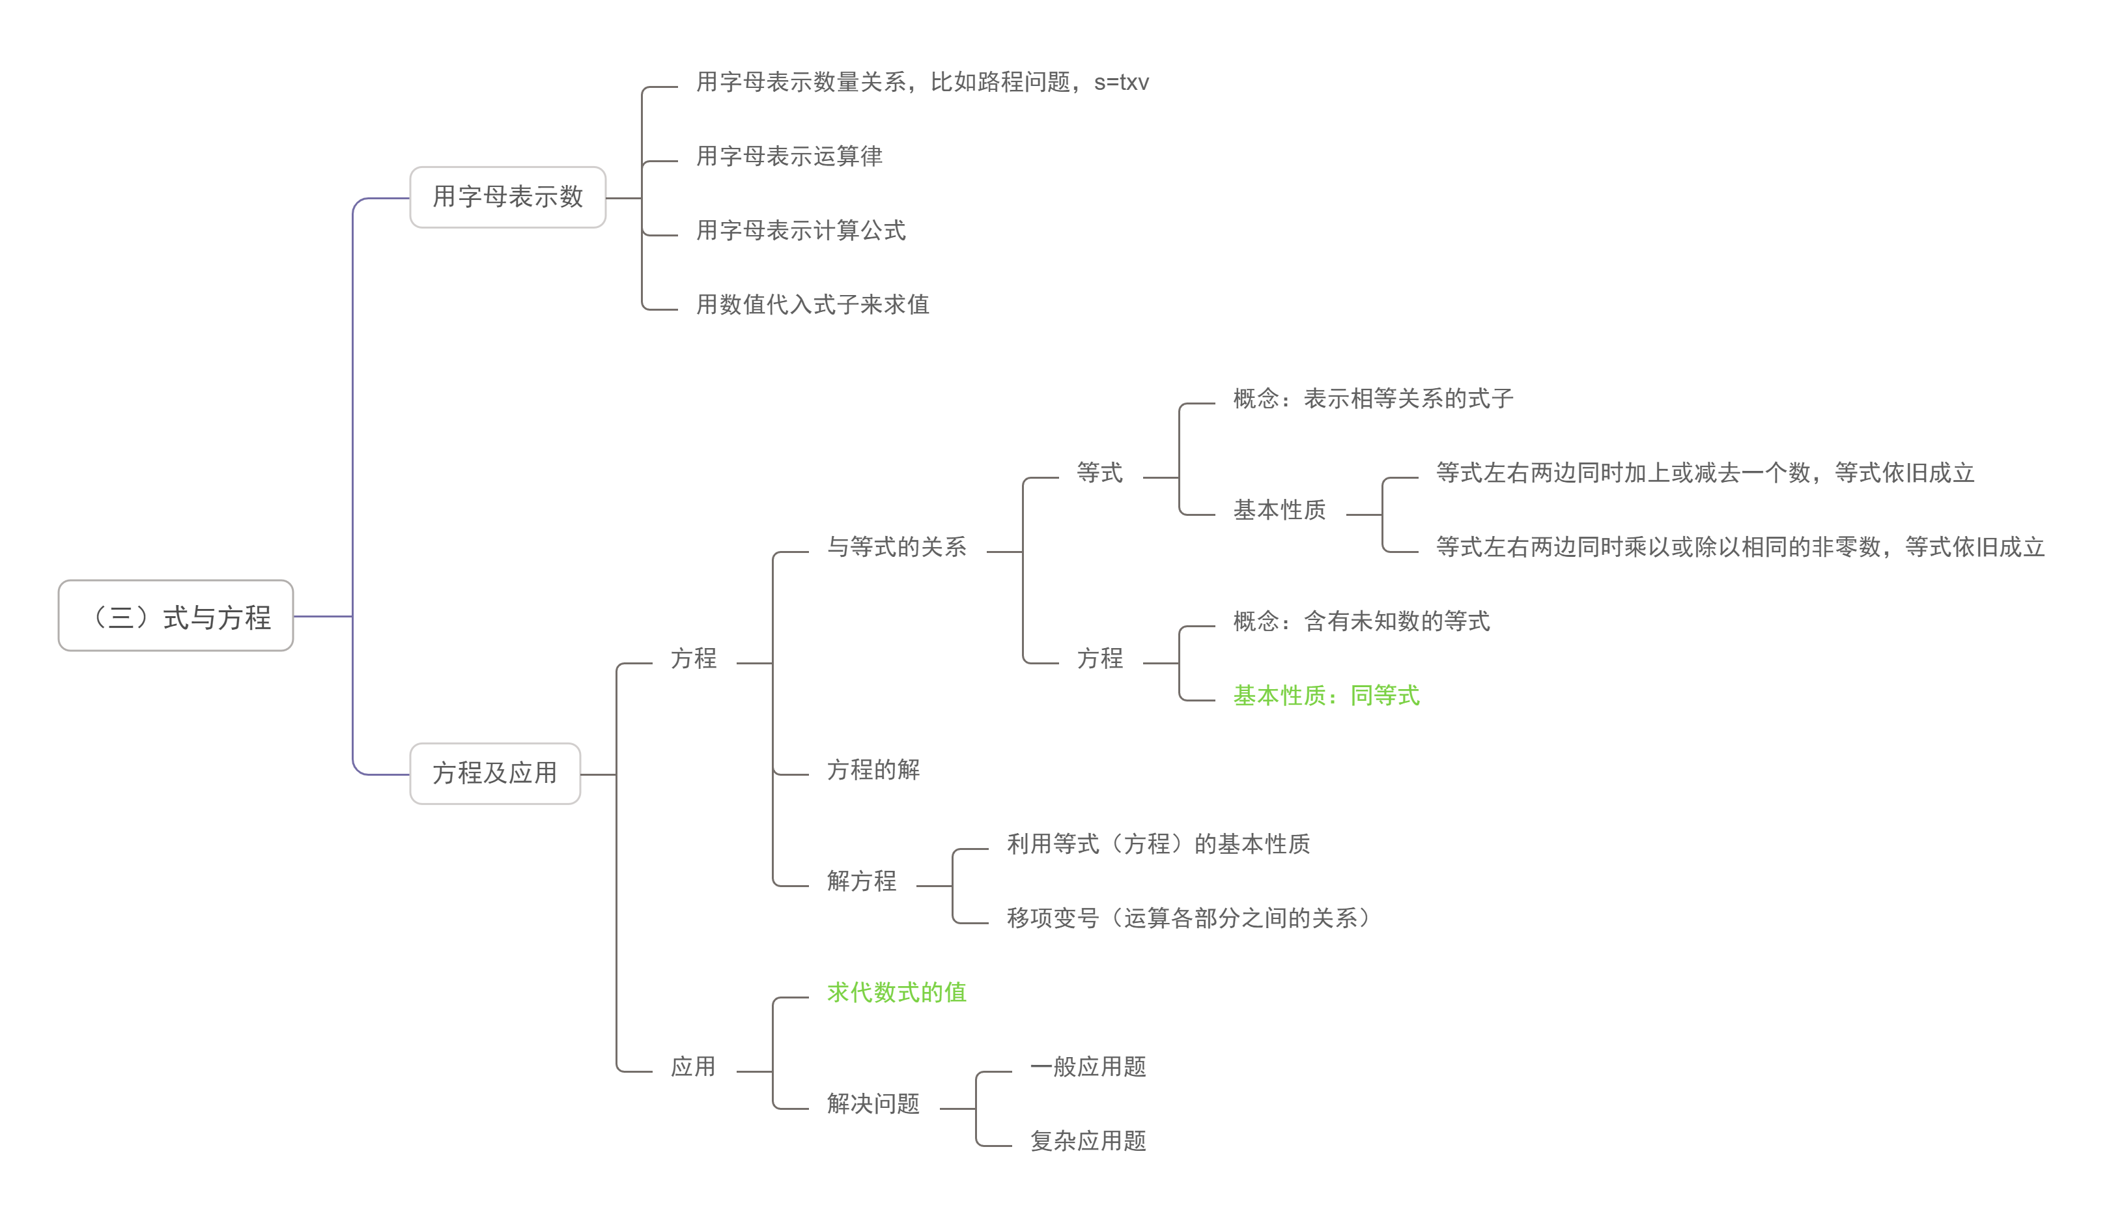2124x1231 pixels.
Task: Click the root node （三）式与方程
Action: (175, 616)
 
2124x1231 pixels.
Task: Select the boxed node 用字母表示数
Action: (507, 197)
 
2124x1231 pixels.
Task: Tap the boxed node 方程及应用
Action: (495, 774)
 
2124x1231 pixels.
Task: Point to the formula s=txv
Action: (1121, 83)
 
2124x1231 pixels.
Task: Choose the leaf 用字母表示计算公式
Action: (800, 231)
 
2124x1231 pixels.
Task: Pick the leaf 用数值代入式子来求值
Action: (812, 305)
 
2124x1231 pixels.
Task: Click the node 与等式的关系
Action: (896, 548)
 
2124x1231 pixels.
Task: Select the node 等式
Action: (1099, 474)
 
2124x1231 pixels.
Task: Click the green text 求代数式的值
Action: (896, 993)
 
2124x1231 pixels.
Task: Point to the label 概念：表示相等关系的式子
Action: (1372, 399)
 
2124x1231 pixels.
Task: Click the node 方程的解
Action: (873, 770)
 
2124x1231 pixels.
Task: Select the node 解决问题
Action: (873, 1104)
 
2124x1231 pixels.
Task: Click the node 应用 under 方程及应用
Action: (693, 1067)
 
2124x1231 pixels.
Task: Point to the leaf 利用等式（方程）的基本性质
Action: (1158, 844)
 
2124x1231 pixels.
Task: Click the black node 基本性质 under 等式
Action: (1279, 511)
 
